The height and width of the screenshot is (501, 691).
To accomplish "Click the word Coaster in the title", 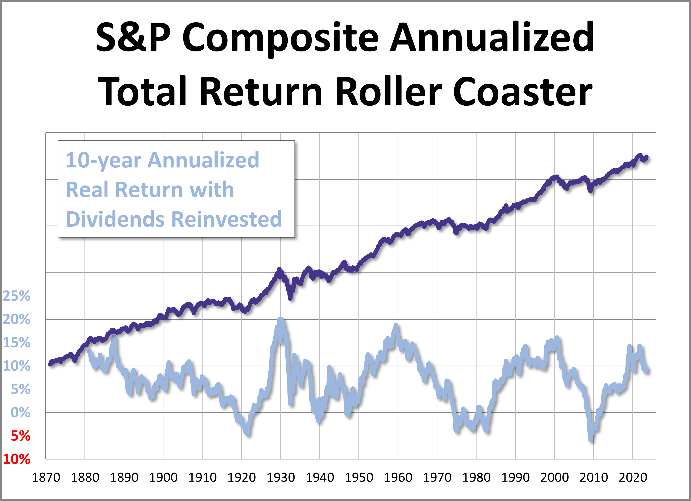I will tap(522, 91).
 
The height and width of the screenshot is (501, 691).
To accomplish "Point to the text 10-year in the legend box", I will tap(103, 160).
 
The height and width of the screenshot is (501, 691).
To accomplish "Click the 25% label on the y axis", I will tap(16, 296).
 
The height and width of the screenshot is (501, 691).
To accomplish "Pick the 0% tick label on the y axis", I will tap(20, 413).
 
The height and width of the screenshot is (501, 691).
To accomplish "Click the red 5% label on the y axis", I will tap(20, 436).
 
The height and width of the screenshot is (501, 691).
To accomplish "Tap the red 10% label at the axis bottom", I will tap(16, 459).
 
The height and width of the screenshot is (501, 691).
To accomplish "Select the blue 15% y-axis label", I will tap(16, 343).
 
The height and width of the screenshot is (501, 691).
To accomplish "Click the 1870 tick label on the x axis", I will tap(46, 478).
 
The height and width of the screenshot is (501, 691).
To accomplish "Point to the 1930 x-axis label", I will tap(281, 478).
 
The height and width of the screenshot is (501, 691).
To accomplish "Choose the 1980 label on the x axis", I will tap(476, 478).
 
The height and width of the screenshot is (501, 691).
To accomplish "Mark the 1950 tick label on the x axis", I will tap(359, 478).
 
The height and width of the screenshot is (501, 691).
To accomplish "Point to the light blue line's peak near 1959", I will tap(396, 325).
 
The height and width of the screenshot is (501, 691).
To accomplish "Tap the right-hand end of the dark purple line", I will tap(647, 157).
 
